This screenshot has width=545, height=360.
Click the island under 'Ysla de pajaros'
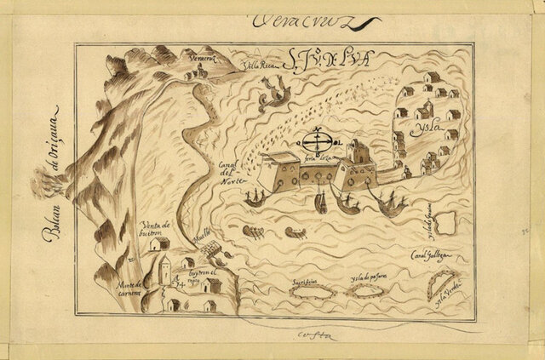click(367, 290)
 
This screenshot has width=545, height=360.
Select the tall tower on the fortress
click(359, 154)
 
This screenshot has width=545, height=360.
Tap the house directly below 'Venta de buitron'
click(158, 244)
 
